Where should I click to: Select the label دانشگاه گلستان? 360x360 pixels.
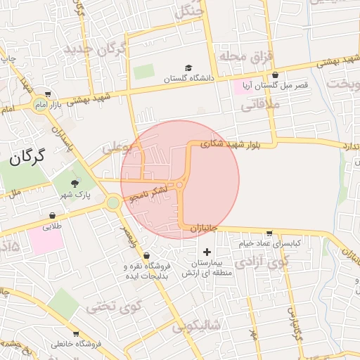point(188,79)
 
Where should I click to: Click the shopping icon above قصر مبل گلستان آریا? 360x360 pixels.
point(275,75)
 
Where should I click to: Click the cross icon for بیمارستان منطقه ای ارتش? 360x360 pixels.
point(206,252)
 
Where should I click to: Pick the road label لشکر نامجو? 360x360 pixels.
point(152,193)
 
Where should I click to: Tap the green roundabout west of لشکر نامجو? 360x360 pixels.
point(112,202)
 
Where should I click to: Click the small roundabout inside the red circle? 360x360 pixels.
point(180,186)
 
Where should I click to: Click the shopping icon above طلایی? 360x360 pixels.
point(53,215)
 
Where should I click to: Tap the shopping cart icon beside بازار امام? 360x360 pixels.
point(47,94)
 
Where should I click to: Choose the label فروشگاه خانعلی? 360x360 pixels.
point(77,345)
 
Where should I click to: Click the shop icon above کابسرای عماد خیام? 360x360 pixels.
point(269,233)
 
